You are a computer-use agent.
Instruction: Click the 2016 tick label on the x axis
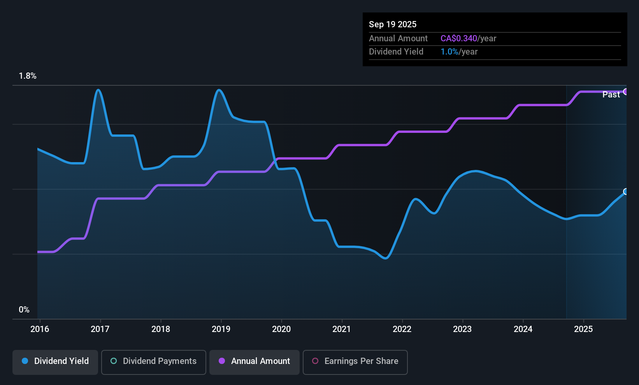(x=40, y=329)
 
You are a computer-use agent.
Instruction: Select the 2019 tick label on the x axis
(x=221, y=329)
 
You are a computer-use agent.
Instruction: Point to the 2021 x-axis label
(x=342, y=329)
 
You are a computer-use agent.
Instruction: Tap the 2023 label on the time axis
(x=462, y=329)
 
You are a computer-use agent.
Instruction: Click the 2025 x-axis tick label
(x=583, y=329)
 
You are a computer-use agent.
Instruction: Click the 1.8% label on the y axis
(x=28, y=76)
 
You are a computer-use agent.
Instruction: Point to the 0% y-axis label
(x=24, y=310)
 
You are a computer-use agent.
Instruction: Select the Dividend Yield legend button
(x=55, y=361)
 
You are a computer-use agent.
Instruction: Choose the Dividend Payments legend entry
(x=153, y=361)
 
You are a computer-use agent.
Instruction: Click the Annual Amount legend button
(x=255, y=361)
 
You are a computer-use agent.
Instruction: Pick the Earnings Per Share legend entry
(x=355, y=361)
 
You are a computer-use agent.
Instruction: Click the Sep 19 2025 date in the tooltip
(x=393, y=24)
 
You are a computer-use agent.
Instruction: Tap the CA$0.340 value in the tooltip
(x=458, y=38)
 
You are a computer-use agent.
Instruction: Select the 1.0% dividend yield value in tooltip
(x=449, y=51)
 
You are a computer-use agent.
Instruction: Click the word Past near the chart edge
(x=611, y=95)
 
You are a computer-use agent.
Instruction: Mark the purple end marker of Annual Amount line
(x=626, y=92)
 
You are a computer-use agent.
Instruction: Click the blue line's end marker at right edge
(x=626, y=192)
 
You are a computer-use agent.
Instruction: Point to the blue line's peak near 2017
(x=98, y=90)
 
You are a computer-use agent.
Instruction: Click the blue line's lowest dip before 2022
(x=385, y=258)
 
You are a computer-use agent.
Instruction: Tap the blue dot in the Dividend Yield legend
(x=25, y=361)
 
